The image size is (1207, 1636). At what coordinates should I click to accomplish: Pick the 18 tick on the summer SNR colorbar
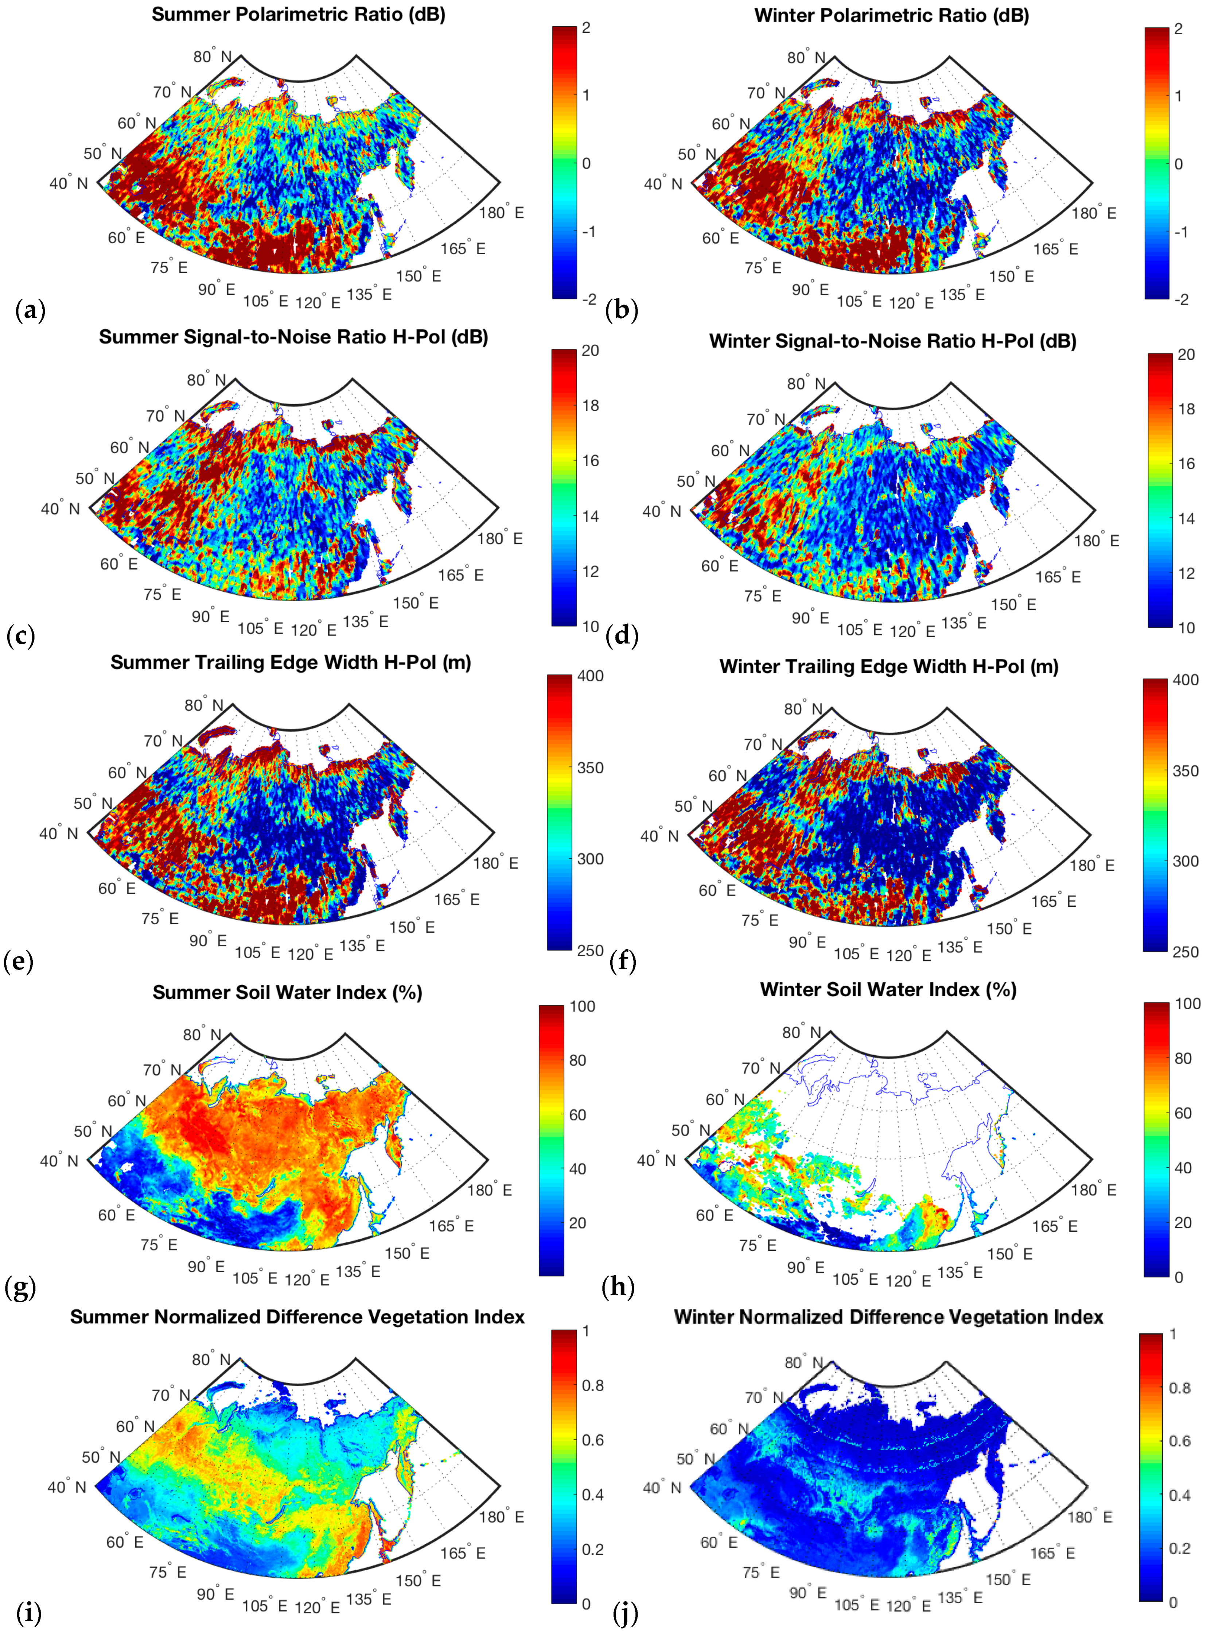589,406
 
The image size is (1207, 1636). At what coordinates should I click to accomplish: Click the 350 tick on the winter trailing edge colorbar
1185,770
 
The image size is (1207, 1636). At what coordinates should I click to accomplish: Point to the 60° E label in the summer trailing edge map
117,888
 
